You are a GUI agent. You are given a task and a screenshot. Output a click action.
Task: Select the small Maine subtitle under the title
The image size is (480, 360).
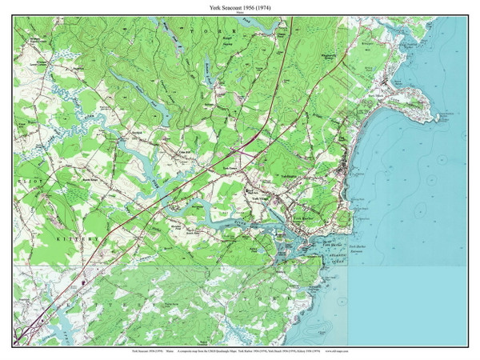pyautogui.click(x=240, y=12)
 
